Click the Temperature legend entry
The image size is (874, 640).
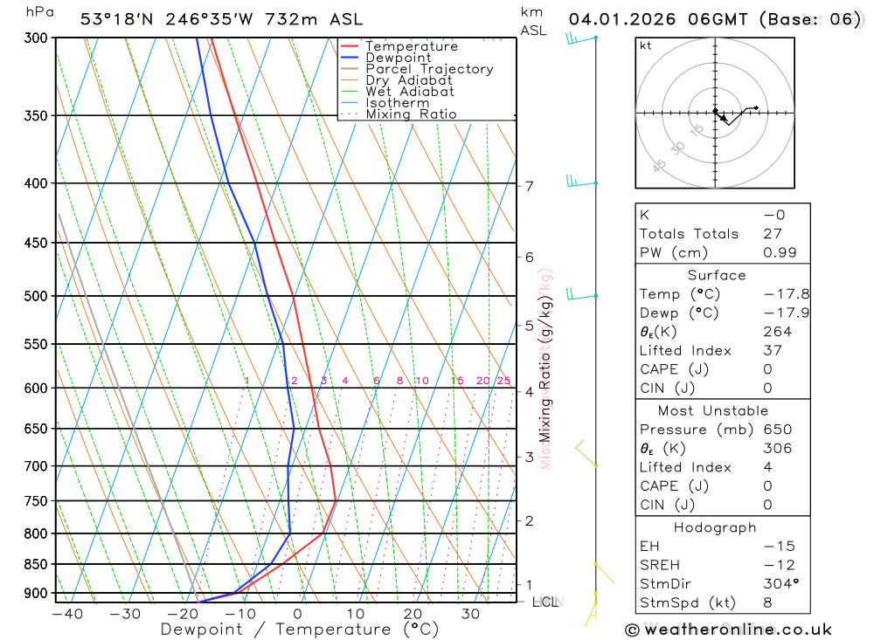click(x=411, y=46)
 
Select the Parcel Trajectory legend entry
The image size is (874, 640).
click(x=428, y=69)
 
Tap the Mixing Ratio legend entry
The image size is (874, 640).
click(x=411, y=114)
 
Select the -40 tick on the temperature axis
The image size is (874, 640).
click(x=67, y=614)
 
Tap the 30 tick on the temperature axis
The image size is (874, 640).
click(x=470, y=614)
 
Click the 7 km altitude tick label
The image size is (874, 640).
click(x=530, y=185)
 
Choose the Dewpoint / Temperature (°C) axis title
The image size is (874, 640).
click(x=299, y=629)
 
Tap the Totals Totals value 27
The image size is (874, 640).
click(x=772, y=233)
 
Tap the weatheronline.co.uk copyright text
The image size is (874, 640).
click(x=728, y=630)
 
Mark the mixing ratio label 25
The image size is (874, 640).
click(x=503, y=381)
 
